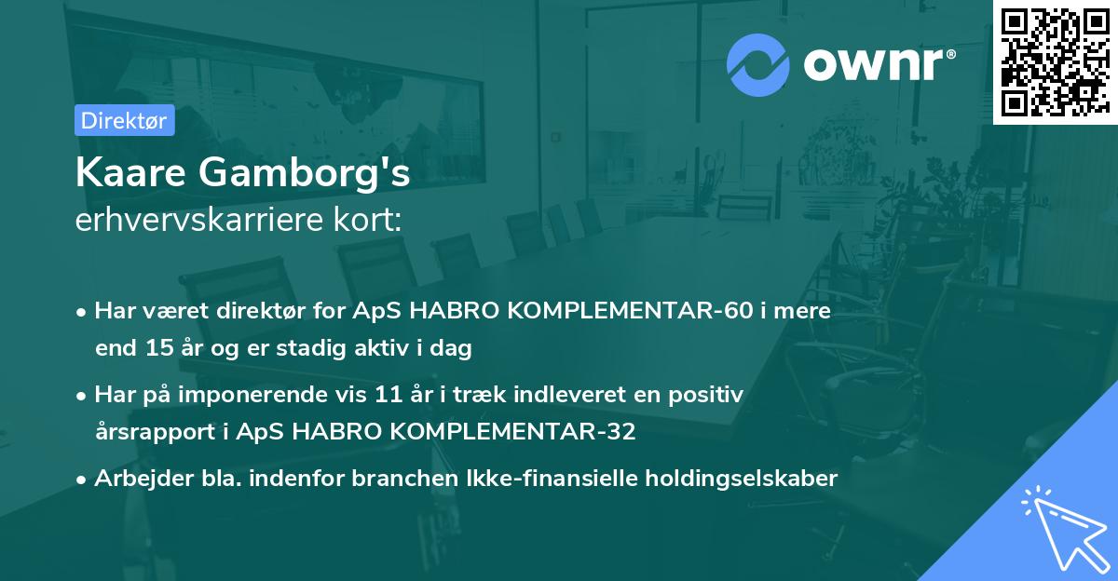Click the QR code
[1054, 62]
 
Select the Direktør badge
[125, 120]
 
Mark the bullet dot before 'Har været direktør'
[84, 312]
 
